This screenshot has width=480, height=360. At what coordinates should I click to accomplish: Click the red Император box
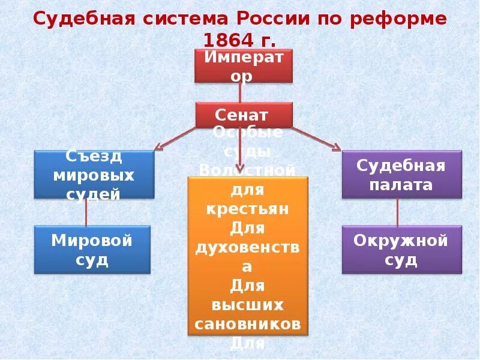pyautogui.click(x=243, y=66)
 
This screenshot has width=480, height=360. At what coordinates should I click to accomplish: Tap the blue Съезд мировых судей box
pyautogui.click(x=94, y=175)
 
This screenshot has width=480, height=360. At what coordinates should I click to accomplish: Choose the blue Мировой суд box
pyautogui.click(x=92, y=250)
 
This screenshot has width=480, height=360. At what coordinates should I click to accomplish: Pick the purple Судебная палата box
pyautogui.click(x=401, y=175)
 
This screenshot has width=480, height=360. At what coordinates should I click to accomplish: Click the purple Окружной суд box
pyautogui.click(x=401, y=250)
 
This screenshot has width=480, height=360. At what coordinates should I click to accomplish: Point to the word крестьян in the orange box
pyautogui.click(x=248, y=209)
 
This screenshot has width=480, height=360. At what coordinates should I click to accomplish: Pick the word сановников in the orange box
pyautogui.click(x=248, y=324)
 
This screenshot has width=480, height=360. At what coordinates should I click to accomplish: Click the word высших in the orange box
pyautogui.click(x=248, y=305)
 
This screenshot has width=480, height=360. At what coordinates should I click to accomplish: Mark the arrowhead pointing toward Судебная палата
pyautogui.click(x=335, y=148)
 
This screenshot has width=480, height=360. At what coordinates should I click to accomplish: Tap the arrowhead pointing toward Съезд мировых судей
pyautogui.click(x=160, y=147)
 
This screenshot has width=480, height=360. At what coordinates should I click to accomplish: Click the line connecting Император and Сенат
pyautogui.click(x=241, y=92)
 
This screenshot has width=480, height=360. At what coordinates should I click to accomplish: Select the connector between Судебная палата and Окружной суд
pyautogui.click(x=398, y=212)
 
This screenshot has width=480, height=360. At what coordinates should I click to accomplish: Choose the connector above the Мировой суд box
pyautogui.click(x=86, y=212)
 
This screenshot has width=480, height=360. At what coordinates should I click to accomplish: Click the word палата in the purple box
pyautogui.click(x=401, y=184)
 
